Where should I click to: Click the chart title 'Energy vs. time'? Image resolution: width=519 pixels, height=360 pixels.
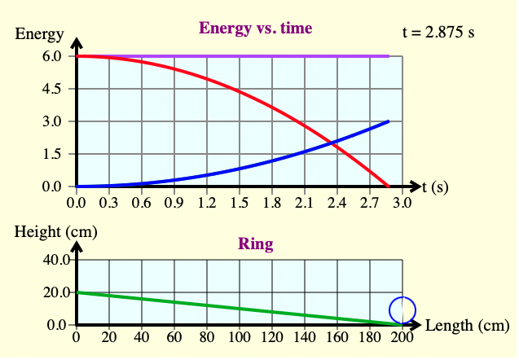[255, 29]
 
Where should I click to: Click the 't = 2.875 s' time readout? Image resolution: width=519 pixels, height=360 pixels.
[438, 33]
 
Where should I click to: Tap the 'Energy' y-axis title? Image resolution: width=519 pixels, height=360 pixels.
[39, 34]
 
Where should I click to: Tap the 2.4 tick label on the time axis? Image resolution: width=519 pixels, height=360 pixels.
[336, 202]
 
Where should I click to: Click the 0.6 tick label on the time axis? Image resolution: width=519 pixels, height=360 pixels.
[142, 202]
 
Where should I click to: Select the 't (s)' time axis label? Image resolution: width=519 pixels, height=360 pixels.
[435, 187]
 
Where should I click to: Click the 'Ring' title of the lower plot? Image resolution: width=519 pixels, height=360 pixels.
[255, 244]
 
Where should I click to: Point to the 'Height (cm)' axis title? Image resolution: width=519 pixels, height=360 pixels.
[56, 231]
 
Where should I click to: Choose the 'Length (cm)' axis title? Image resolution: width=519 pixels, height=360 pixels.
[468, 326]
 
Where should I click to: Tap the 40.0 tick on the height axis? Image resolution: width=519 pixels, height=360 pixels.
[47, 261]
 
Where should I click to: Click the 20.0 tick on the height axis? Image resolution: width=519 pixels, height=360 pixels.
[47, 292]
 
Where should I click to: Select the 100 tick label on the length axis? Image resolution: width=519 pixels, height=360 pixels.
[239, 339]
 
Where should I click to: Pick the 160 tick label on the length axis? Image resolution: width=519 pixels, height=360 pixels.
[336, 339]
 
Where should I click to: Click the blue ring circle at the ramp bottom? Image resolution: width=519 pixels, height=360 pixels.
[402, 310]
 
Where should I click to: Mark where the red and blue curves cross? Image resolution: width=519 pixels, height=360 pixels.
[333, 143]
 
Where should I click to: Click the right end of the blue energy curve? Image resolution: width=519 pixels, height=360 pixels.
[389, 121]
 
